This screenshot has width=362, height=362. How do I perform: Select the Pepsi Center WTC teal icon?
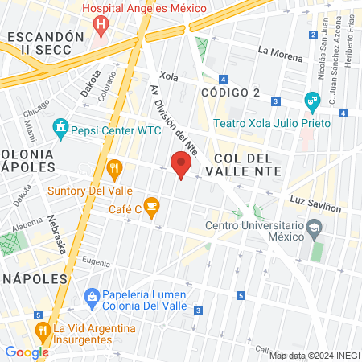point(60,126)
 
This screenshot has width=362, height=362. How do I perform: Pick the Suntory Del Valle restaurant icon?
point(113,169)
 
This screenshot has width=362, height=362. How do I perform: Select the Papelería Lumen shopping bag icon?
point(92,297)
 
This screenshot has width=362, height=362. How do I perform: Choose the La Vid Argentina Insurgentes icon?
point(42,330)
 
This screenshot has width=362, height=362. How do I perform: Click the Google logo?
point(27,352)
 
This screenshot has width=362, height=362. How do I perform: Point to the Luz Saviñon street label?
point(322,208)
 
